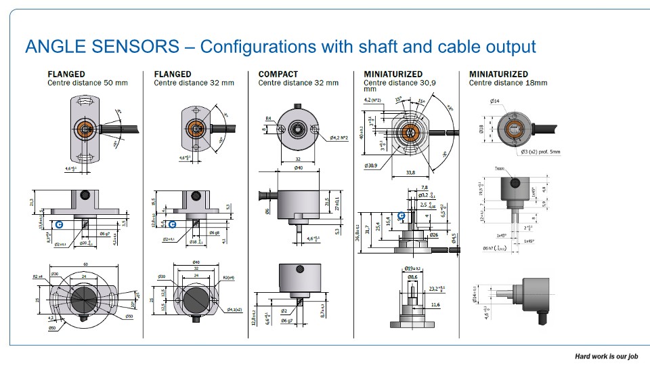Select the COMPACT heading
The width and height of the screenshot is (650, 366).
278,74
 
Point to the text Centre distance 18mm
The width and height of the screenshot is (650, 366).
508,83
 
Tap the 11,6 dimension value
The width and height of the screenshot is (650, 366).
435,305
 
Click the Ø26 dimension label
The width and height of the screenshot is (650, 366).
433,235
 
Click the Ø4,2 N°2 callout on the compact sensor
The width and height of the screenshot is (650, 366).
339,138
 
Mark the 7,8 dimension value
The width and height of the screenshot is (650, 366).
424,188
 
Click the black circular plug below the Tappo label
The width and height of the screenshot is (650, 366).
514,182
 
